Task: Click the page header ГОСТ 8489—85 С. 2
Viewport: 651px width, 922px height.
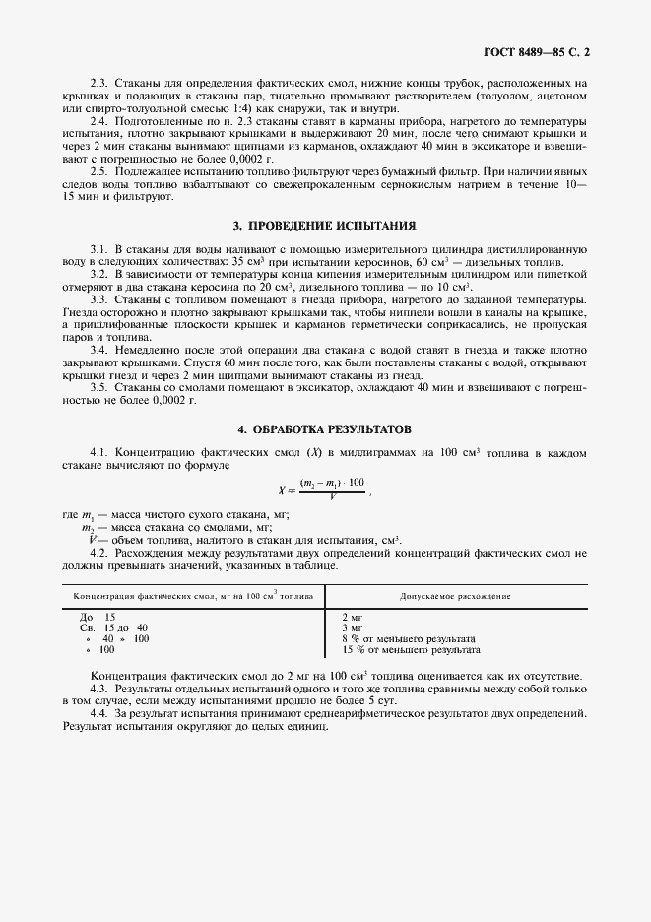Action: [x=540, y=47]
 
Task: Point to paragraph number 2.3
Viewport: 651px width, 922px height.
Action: [x=98, y=85]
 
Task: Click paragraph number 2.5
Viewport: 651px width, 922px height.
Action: [x=98, y=171]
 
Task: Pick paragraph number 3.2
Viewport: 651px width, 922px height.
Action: [x=98, y=274]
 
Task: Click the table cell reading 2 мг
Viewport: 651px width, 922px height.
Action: [x=352, y=617]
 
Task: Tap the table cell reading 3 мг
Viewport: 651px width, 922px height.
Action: [x=352, y=627]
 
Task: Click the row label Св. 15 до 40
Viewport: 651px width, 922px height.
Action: [x=113, y=627]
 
